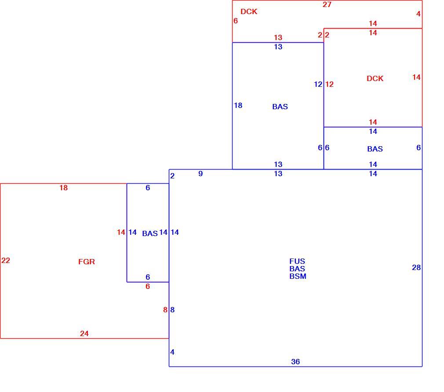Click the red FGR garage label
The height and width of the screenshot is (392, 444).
click(86, 262)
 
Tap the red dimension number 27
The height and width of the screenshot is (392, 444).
click(327, 4)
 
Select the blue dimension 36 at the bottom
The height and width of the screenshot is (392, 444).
click(295, 362)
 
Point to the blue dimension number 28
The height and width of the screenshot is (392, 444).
click(416, 267)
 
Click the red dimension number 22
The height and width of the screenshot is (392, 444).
click(6, 260)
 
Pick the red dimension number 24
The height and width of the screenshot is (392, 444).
click(84, 333)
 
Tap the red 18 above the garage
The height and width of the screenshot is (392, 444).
click(63, 188)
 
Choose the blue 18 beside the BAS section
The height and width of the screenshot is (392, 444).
click(238, 106)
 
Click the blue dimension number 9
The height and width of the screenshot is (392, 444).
click(200, 174)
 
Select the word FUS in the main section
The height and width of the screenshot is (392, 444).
click(297, 261)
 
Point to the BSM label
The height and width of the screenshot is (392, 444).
click(298, 276)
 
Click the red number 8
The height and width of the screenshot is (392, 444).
click(165, 310)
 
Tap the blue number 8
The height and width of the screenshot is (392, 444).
click(172, 310)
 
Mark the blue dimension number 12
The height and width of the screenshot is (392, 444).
click(318, 84)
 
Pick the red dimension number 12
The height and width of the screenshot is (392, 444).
click(329, 84)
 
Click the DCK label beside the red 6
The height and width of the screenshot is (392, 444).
click(249, 11)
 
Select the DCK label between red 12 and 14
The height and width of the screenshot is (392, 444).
click(375, 78)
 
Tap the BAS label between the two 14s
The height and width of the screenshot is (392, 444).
click(150, 233)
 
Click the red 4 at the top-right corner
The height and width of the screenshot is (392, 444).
click(418, 14)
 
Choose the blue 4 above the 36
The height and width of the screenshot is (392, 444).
click(172, 352)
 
